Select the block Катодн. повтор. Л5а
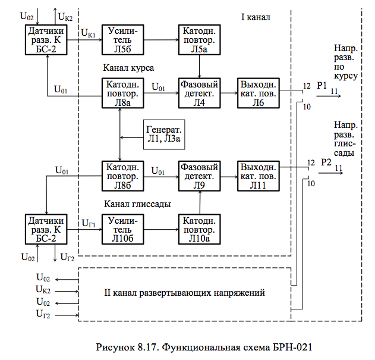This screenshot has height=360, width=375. (199, 39)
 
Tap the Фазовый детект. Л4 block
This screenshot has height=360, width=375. (199, 92)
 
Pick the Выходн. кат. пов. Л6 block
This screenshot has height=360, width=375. (257, 92)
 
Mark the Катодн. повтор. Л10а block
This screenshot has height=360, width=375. (199, 229)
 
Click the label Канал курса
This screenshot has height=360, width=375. (129, 68)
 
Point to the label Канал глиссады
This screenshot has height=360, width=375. (137, 204)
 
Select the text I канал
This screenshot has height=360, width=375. (256, 17)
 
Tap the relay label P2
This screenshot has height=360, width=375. (326, 162)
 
